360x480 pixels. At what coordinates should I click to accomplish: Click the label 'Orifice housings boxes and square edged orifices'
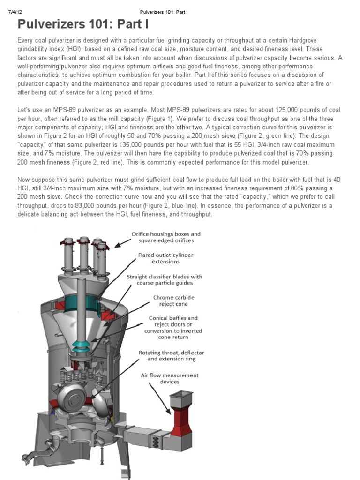[x=165, y=237]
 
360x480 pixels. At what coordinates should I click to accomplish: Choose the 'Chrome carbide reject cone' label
[x=173, y=300]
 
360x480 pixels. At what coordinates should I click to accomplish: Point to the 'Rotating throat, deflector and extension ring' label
[x=171, y=355]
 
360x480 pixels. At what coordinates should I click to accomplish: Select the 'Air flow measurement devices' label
[x=170, y=378]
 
